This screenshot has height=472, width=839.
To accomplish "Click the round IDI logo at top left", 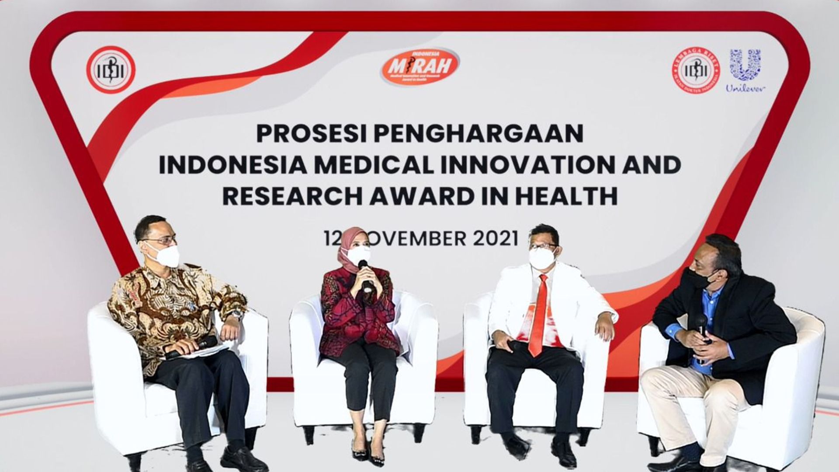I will click(x=111, y=70).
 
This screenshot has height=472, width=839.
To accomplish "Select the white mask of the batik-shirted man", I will click(x=165, y=255).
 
